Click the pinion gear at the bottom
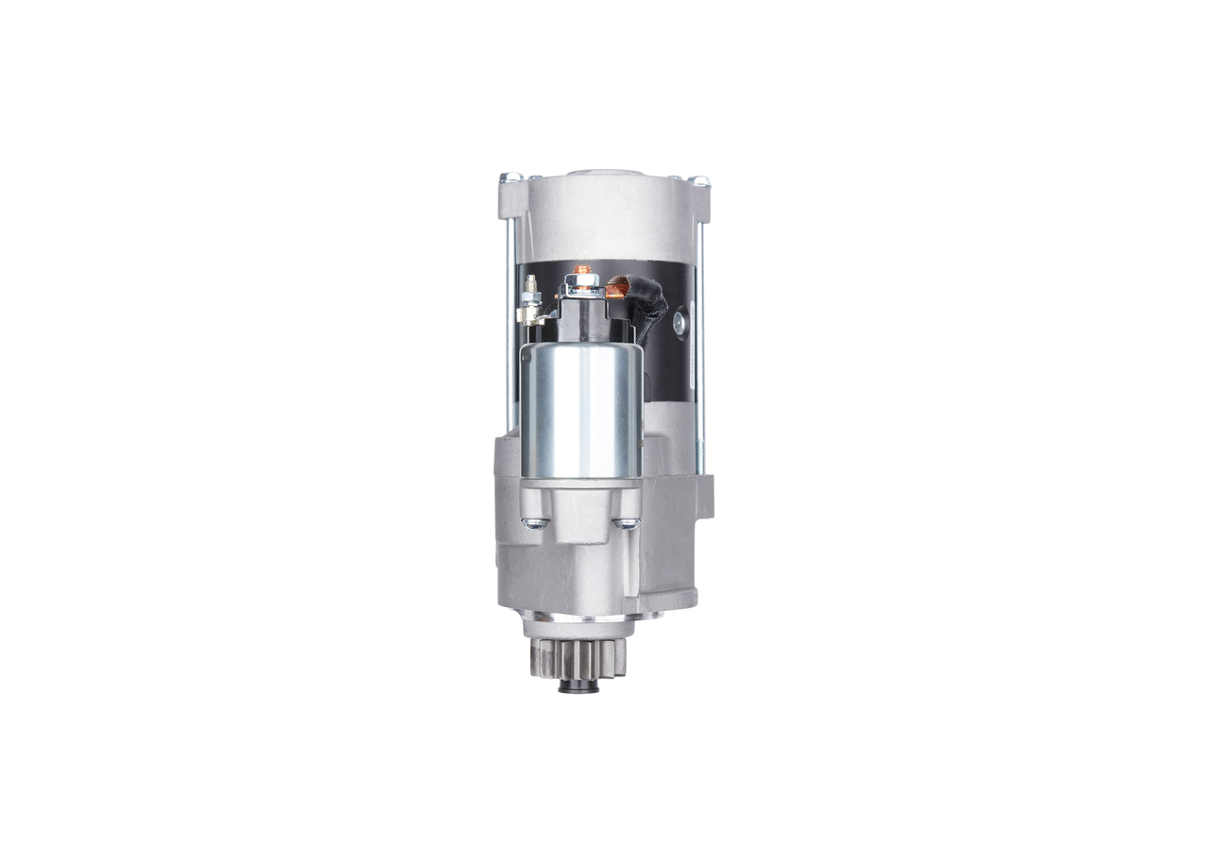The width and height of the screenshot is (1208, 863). [x=577, y=657]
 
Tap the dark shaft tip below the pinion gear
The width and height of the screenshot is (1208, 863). [x=579, y=686]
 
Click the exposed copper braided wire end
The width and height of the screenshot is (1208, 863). [x=619, y=280]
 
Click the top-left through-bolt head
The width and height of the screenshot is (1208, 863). [x=511, y=177]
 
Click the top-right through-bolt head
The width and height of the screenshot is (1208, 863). [x=698, y=179]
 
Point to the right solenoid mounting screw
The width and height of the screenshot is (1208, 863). [x=625, y=522]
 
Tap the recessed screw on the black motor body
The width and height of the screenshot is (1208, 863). [x=679, y=322]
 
